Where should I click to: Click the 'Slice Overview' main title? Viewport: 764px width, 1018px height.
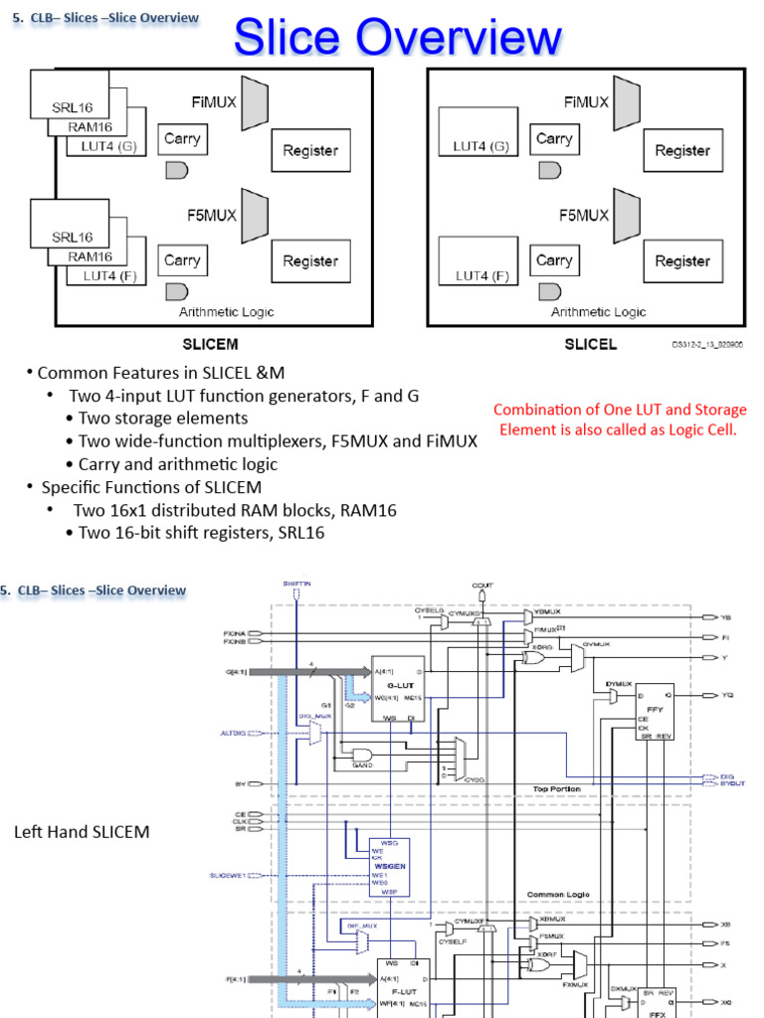[x=398, y=39]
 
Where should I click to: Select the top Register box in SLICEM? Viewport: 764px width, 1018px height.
[x=309, y=151]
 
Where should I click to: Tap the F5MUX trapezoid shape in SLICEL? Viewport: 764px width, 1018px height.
[x=626, y=215]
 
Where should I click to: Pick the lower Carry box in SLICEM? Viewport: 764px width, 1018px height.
[x=182, y=260]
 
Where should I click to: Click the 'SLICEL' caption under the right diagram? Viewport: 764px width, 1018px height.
[x=591, y=345]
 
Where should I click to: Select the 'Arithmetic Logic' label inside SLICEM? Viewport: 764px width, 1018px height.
[x=226, y=312]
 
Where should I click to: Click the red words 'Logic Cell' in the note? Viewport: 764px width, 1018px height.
[x=699, y=429]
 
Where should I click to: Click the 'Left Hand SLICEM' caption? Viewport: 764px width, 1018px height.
[x=82, y=831]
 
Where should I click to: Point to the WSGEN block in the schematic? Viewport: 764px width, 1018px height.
[x=388, y=866]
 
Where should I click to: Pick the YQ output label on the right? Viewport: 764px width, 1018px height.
[x=725, y=695]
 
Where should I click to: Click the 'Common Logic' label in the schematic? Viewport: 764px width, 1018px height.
[x=558, y=895]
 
